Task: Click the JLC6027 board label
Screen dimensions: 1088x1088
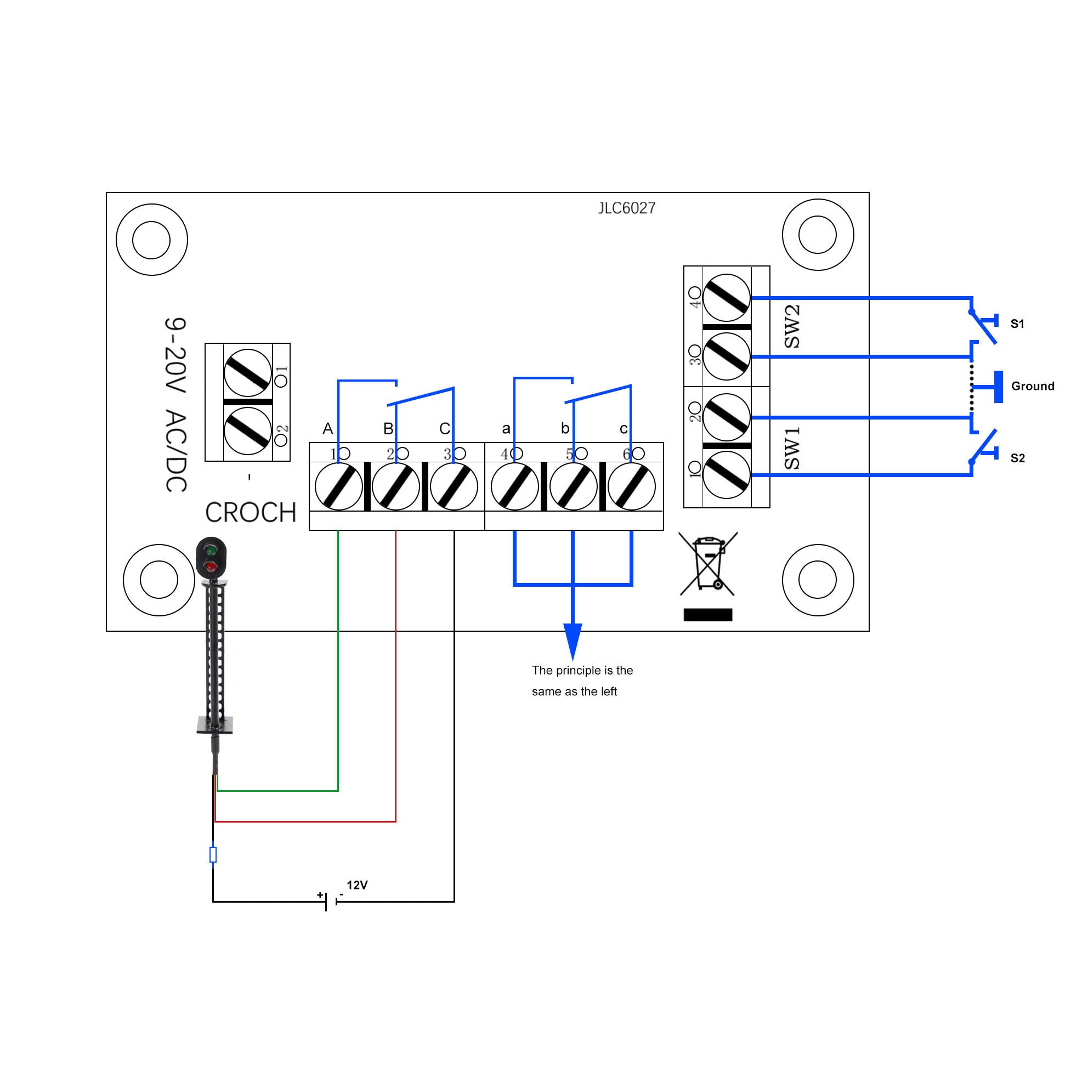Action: tap(627, 208)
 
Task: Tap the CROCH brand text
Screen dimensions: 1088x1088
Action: tap(251, 512)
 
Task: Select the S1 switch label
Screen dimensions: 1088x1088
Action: tap(1017, 324)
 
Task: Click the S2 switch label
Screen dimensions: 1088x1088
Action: tap(1017, 458)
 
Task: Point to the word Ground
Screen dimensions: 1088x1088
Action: tap(1032, 386)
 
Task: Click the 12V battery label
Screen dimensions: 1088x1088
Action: tap(357, 885)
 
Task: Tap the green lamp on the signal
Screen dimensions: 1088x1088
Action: tap(211, 550)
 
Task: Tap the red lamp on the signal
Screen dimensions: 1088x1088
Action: tap(211, 566)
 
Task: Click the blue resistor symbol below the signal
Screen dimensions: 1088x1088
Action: tap(213, 854)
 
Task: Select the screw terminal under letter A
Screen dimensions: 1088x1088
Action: tap(338, 487)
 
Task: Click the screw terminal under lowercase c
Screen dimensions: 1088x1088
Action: tap(631, 487)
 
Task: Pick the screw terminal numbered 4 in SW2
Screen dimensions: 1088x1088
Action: tap(727, 297)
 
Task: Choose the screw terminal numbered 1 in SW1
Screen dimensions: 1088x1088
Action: tap(727, 475)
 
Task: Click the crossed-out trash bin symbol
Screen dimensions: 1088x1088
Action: tap(708, 564)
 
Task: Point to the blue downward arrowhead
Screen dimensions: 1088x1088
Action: tap(573, 641)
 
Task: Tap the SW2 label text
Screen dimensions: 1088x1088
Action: tap(791, 327)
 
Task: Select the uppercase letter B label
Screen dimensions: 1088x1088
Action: tap(388, 429)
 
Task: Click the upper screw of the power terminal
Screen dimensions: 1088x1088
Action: tap(248, 373)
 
